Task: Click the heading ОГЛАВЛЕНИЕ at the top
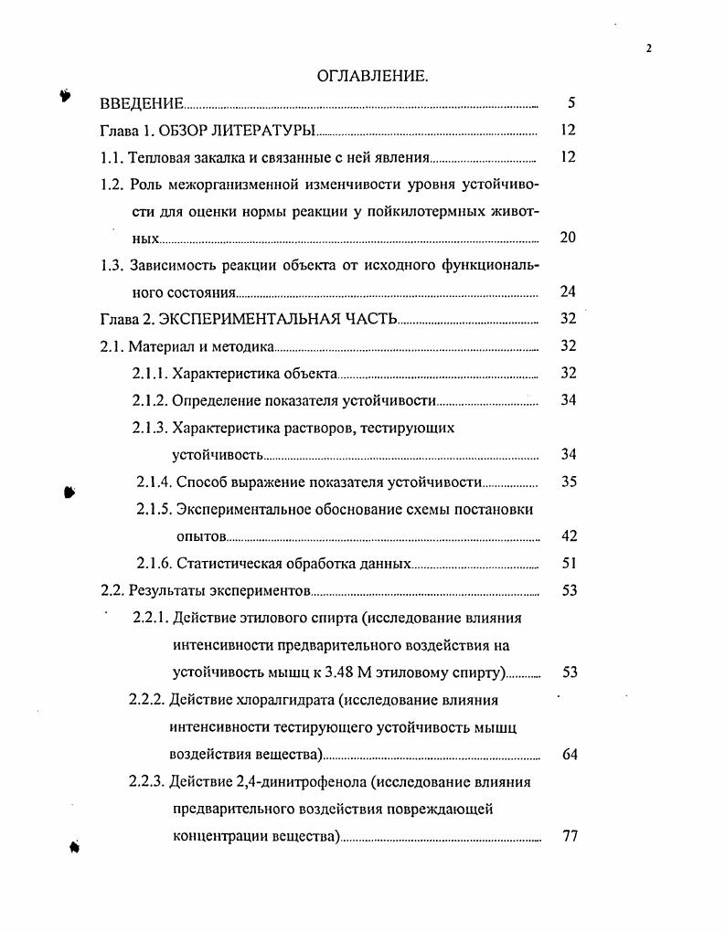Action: point(372,76)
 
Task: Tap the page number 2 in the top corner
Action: point(648,49)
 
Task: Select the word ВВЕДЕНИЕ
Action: point(142,103)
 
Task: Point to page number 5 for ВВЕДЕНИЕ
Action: point(570,103)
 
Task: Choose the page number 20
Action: point(568,238)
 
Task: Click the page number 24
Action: point(568,292)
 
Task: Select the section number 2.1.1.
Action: point(150,373)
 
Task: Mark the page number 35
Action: point(568,482)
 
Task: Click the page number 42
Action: point(568,535)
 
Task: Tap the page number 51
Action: point(568,564)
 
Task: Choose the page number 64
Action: point(568,755)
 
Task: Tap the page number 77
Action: point(568,836)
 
